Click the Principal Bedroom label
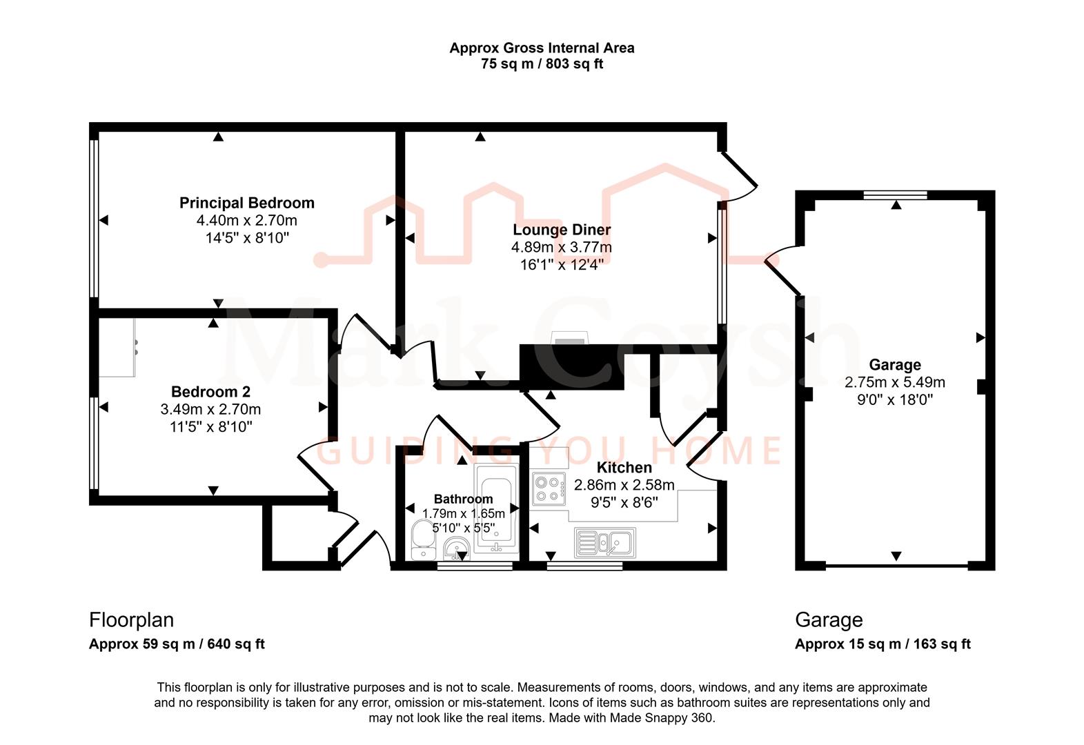point(246,203)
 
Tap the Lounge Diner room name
point(561,230)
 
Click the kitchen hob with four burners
point(549,488)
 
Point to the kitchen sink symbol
point(605,542)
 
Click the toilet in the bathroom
point(421,539)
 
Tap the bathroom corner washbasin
point(457,550)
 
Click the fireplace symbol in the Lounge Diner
point(570,337)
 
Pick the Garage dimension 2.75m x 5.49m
point(894,382)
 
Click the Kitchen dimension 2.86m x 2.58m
point(624,485)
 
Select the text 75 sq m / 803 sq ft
point(542,64)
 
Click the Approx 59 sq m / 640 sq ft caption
point(177,644)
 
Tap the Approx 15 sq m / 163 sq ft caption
point(883,644)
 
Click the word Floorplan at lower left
point(131,619)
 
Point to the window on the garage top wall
point(895,195)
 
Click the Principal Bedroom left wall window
point(95,218)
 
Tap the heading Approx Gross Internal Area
point(542,48)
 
